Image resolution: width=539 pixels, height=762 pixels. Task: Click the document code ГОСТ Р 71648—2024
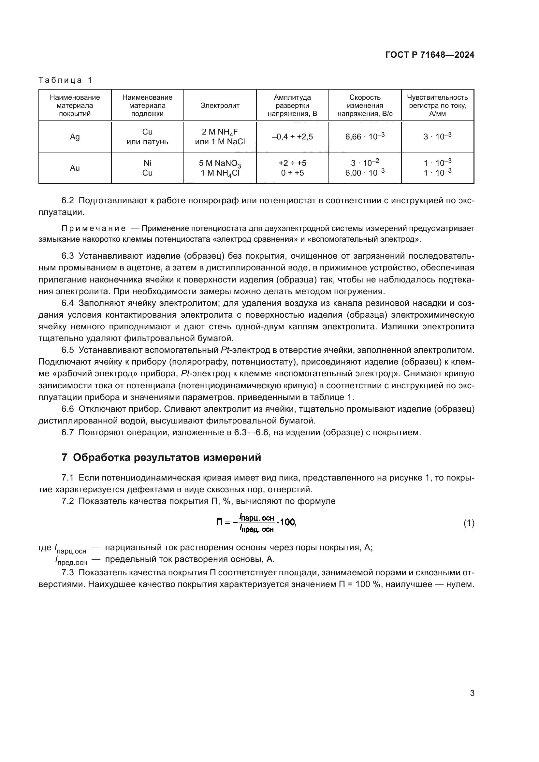point(430,55)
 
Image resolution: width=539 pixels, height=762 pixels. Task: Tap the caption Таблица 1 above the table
point(66,80)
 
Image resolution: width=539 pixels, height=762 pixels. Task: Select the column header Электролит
point(220,106)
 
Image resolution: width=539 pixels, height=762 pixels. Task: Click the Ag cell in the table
point(75,137)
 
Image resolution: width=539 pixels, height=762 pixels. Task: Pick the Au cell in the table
point(75,168)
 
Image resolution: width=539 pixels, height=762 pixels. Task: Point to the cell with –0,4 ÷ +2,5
point(292,137)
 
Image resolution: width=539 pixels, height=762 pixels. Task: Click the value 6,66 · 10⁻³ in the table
point(365,137)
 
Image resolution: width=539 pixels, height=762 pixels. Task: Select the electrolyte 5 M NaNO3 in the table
point(220,163)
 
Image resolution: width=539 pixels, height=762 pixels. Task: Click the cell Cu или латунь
point(147,137)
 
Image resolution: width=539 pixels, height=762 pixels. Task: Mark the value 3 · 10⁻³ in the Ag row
point(437,137)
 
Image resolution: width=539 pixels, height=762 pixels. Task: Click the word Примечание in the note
point(94,228)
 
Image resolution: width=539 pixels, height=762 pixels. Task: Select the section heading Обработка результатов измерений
point(167,457)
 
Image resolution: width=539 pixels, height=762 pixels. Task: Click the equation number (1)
point(469,524)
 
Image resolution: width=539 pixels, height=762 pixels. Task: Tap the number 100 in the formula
point(287,522)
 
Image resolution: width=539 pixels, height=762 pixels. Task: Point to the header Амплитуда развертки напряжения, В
point(292,106)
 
